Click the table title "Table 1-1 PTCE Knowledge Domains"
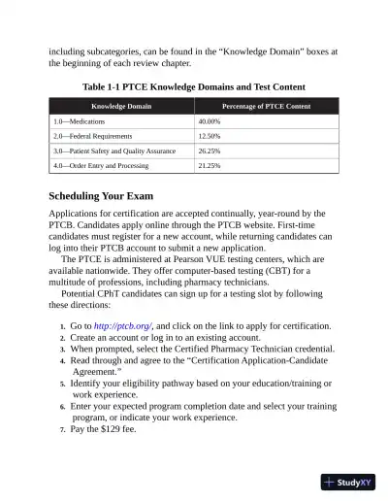(x=194, y=85)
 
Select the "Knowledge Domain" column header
(x=121, y=105)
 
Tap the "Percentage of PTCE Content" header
(x=266, y=105)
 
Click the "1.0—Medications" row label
(x=80, y=121)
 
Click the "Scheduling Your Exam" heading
(x=114, y=197)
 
